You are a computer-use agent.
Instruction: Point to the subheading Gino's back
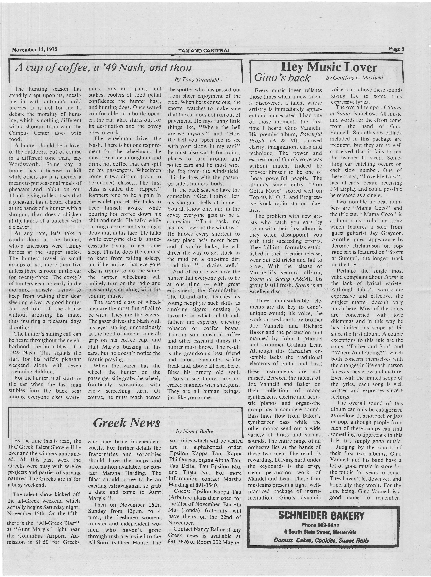282,78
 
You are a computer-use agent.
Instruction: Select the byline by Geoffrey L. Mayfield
355,78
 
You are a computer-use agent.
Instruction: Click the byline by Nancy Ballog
195,431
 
